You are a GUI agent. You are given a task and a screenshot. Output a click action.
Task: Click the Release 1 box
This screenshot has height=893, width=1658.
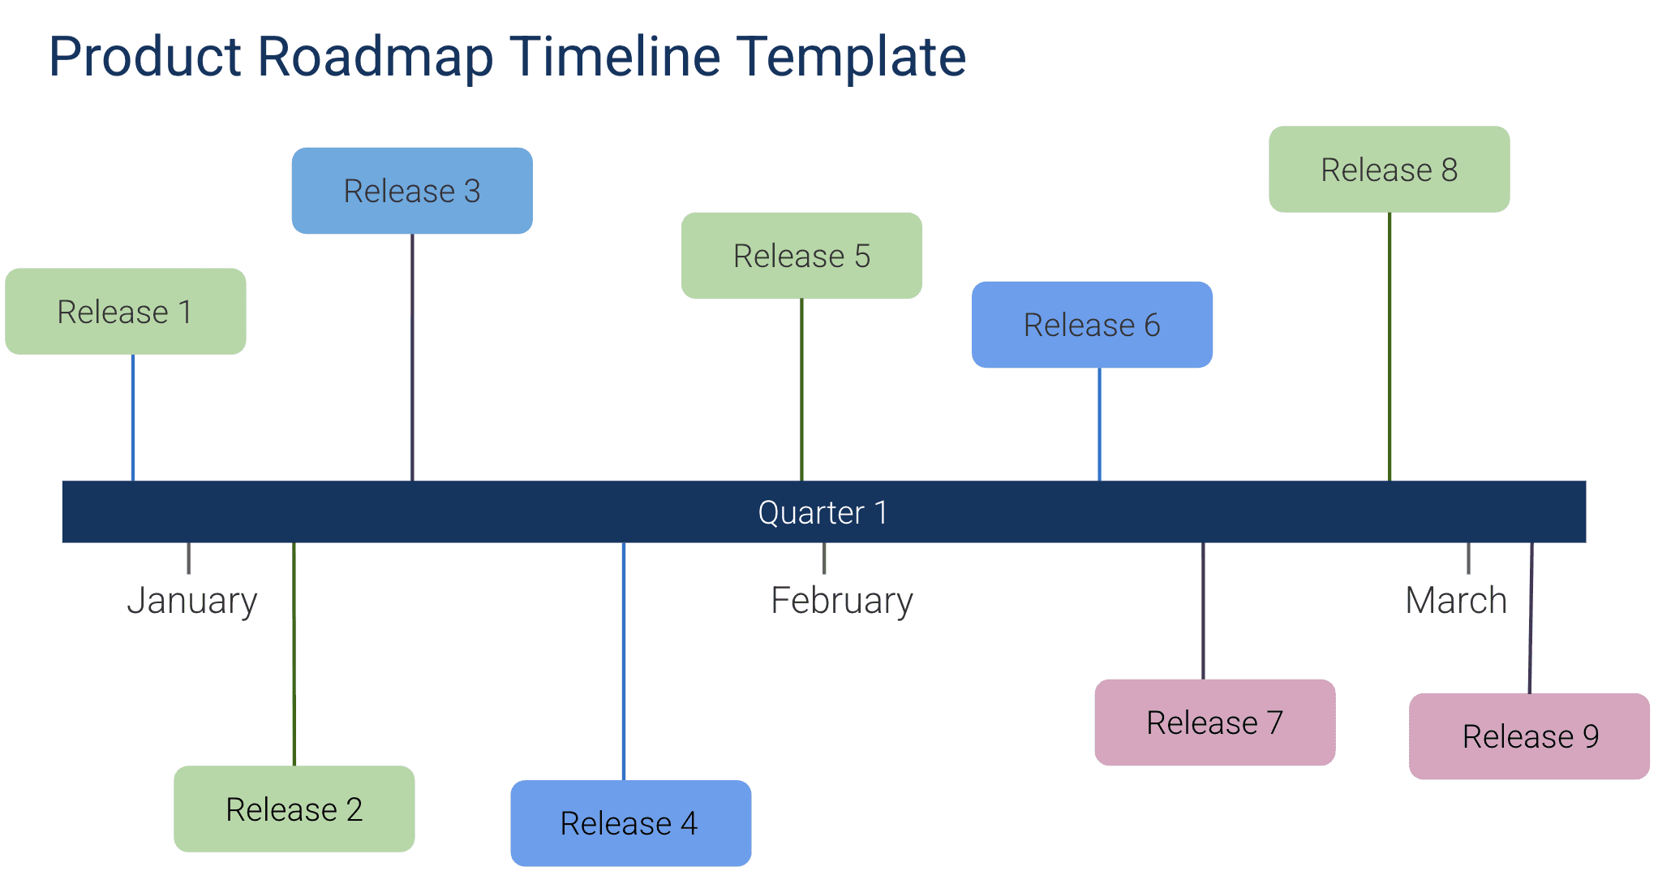126,312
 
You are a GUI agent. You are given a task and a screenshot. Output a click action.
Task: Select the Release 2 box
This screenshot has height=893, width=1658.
294,809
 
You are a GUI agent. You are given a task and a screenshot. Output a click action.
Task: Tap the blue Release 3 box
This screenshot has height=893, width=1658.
412,191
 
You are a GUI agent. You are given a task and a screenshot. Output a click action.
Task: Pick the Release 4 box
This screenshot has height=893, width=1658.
630,823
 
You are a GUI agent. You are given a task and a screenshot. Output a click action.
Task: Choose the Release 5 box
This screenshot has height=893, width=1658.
801,256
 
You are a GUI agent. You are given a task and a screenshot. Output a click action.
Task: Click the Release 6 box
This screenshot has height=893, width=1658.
1092,325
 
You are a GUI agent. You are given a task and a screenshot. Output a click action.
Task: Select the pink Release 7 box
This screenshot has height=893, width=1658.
1214,723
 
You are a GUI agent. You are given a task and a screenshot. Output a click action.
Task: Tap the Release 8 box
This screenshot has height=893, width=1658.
1389,170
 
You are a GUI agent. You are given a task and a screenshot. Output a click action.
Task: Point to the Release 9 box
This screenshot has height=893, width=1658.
1529,736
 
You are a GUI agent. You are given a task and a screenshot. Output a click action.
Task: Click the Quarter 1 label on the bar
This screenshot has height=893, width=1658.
823,513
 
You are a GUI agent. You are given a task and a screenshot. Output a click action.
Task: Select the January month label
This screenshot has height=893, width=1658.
192,602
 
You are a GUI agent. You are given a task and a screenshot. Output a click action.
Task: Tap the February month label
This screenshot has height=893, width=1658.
841,602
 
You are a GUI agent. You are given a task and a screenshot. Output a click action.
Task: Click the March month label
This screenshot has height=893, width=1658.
1455,602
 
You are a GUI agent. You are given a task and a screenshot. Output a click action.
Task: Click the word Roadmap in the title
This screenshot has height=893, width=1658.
375,57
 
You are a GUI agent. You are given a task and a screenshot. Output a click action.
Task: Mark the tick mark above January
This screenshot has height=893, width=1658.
189,558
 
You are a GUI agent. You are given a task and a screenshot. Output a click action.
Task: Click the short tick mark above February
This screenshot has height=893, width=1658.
824,558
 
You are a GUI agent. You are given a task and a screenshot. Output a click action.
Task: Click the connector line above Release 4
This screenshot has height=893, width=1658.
624,662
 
